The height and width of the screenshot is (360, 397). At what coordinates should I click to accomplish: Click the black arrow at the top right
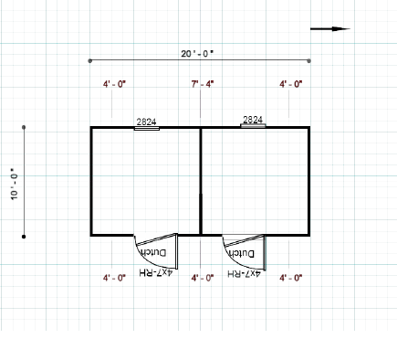330,29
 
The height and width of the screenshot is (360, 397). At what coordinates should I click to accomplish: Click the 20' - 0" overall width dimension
197,54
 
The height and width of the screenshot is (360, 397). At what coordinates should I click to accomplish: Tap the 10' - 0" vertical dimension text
15,184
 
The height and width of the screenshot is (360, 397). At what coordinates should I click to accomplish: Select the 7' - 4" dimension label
203,84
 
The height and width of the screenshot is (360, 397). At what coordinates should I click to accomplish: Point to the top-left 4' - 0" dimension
114,84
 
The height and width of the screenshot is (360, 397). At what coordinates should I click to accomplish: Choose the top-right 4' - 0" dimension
291,84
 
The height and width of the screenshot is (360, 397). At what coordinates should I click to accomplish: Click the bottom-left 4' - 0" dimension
114,278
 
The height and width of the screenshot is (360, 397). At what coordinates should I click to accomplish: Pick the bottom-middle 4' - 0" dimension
203,278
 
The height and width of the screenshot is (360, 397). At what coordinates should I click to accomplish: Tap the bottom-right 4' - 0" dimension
291,278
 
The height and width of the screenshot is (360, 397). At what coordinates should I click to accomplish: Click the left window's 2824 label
146,122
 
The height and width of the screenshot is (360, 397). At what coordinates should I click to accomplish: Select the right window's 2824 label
253,120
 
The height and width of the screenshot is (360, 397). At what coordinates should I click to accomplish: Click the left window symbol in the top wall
147,129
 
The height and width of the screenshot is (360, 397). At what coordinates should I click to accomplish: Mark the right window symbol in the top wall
253,125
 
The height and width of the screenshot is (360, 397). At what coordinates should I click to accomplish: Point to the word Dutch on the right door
242,253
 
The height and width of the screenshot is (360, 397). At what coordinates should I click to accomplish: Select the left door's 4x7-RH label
156,272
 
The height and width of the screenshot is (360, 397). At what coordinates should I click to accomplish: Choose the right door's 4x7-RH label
244,273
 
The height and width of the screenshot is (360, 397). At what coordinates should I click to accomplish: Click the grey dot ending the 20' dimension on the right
309,61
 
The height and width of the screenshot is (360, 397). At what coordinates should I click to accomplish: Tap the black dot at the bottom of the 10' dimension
24,237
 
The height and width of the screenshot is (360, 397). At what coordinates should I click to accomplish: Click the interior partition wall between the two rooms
201,181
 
